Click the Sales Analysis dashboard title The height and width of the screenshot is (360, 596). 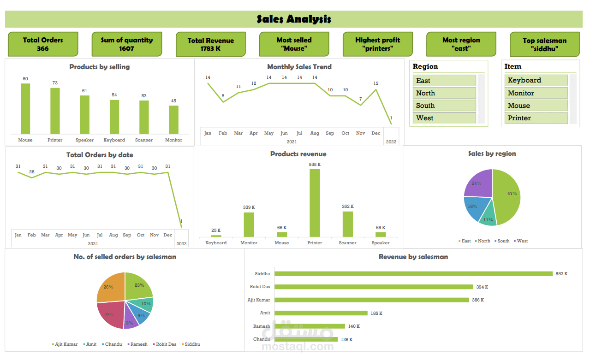coord(294,19)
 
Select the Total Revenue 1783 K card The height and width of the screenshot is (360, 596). coord(210,44)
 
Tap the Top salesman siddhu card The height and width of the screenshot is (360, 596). coord(544,44)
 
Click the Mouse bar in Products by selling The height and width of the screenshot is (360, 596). coord(25,109)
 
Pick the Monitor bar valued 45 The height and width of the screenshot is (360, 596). coord(173,120)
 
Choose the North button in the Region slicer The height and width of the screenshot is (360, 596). coord(444,93)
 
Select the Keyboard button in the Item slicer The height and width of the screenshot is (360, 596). coord(536,80)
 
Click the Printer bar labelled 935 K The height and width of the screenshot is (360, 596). coord(315,203)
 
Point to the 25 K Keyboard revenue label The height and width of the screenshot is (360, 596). coord(216,230)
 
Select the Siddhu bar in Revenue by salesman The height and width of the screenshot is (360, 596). coord(413,274)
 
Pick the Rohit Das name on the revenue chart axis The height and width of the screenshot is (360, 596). coord(260,287)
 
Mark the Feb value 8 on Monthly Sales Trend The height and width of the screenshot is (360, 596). coord(223,96)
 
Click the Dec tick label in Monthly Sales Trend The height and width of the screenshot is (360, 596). coord(376,133)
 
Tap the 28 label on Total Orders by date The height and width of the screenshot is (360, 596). coord(31,172)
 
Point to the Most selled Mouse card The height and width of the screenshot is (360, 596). coord(294,44)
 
